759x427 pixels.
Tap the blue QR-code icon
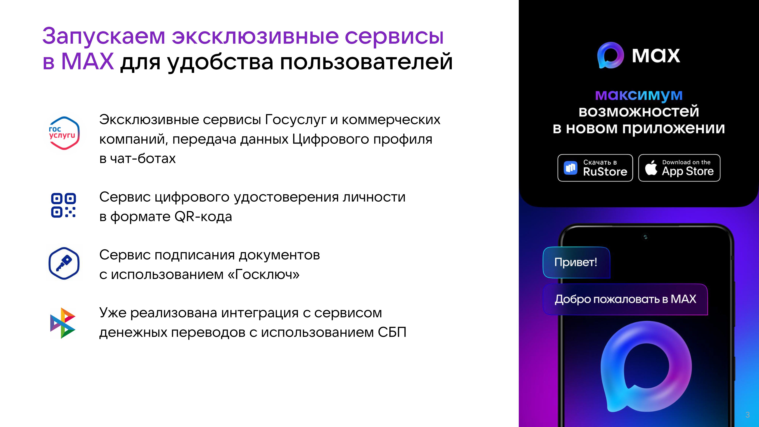(63, 205)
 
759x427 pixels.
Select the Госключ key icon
(64, 263)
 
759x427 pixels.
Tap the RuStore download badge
(595, 168)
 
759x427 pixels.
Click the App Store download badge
(679, 168)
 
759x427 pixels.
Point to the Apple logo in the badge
(651, 168)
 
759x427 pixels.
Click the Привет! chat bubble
(576, 262)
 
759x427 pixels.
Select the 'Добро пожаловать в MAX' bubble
(625, 299)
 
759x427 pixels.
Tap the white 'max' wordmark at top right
(656, 56)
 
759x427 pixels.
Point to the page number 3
(747, 415)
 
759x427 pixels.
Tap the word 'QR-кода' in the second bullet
(203, 217)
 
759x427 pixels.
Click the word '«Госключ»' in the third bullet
(264, 275)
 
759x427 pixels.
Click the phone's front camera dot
(645, 237)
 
